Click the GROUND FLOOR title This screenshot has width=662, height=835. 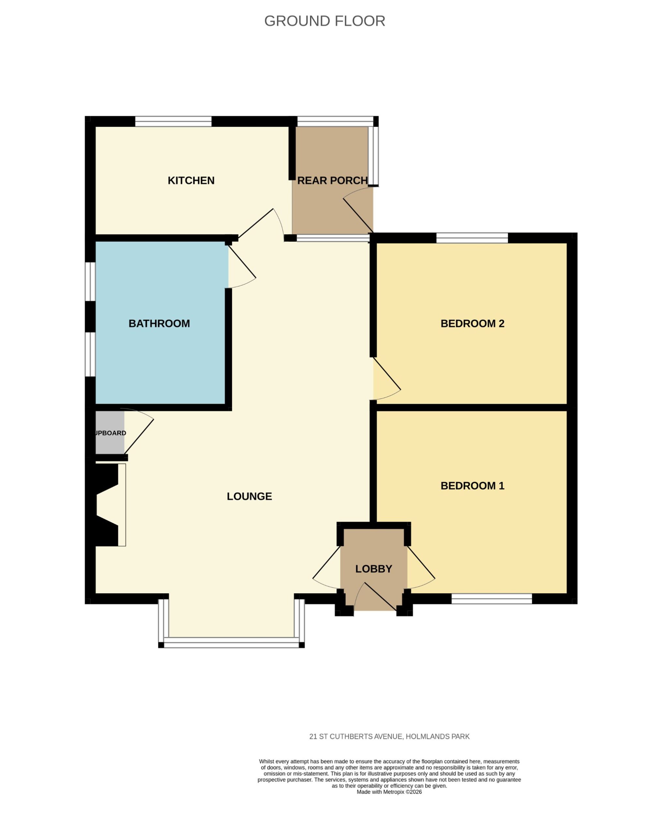(324, 21)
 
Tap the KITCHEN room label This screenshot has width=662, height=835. (191, 180)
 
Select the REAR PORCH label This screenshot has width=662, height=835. (332, 180)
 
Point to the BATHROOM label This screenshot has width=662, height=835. (159, 323)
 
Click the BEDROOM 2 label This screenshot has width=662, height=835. (472, 323)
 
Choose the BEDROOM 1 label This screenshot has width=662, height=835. (472, 486)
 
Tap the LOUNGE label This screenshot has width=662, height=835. (249, 496)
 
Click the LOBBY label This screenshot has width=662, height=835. (374, 569)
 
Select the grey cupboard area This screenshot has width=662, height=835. (110, 432)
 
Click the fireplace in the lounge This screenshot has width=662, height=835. (107, 505)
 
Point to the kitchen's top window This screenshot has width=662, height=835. (173, 121)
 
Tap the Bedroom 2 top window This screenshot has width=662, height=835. (472, 238)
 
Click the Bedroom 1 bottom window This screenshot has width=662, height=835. (492, 599)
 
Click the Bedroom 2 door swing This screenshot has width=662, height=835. (387, 380)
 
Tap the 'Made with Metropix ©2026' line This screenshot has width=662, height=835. (389, 792)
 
